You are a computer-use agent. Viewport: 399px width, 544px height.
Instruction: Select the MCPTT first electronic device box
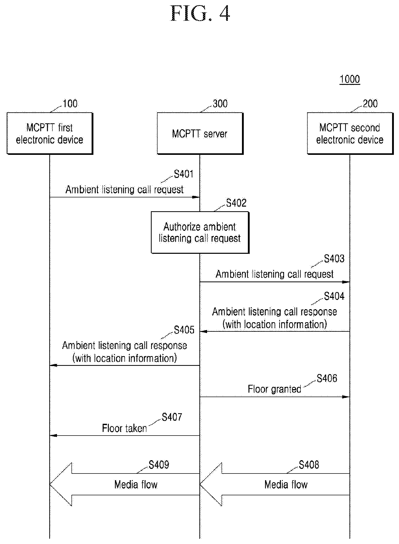[x=50, y=133]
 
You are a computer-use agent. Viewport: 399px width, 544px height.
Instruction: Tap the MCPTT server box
[x=200, y=133]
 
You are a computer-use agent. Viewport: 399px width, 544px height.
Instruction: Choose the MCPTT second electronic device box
[x=350, y=133]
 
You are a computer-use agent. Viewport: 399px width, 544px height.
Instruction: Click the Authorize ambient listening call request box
[x=200, y=233]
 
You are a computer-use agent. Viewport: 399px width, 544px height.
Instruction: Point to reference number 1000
[x=350, y=79]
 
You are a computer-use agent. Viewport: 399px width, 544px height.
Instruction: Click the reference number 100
[x=70, y=104]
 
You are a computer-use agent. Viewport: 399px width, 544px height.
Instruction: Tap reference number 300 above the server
[x=220, y=104]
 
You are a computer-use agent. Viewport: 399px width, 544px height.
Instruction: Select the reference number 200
[x=370, y=104]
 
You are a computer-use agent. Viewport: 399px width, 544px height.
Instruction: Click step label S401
[x=184, y=174]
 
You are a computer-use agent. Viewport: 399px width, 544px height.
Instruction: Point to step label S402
[x=236, y=203]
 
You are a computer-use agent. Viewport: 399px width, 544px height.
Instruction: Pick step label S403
[x=334, y=259]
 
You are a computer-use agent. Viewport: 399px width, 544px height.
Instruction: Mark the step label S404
[x=334, y=296]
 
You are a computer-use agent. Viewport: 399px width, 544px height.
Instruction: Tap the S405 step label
[x=184, y=330]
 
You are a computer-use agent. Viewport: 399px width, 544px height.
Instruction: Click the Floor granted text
[x=274, y=389]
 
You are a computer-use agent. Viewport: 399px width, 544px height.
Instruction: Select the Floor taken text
[x=124, y=428]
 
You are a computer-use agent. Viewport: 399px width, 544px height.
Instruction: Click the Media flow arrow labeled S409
[x=125, y=484]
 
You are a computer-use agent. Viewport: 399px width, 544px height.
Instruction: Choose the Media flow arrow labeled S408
[x=275, y=484]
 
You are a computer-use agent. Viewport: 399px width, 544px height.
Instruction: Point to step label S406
[x=327, y=378]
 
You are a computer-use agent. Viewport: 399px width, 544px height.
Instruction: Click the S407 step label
[x=172, y=417]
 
